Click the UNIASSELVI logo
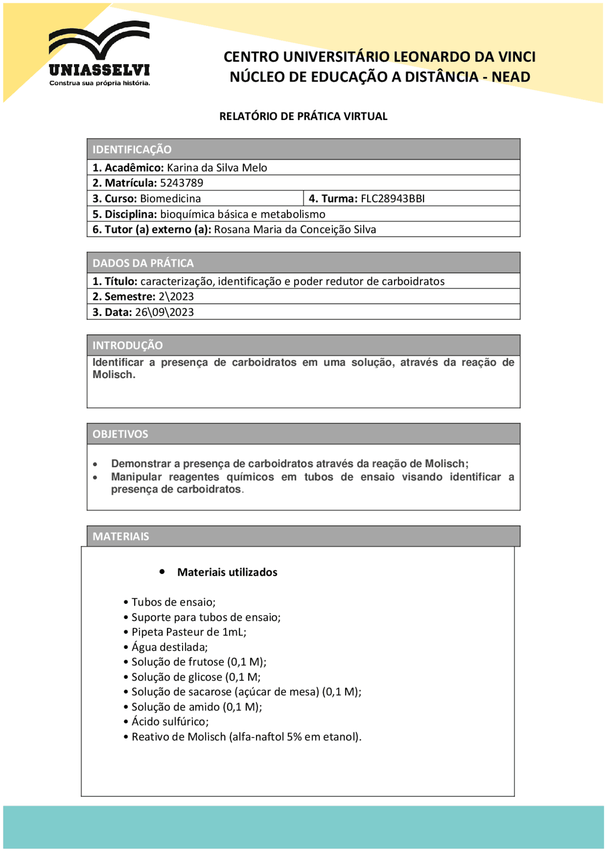[99, 54]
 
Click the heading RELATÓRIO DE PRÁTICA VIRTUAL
[303, 116]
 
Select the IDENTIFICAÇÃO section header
[132, 149]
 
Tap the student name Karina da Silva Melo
[217, 167]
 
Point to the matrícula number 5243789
[182, 183]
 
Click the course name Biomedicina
[170, 198]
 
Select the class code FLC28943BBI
[393, 198]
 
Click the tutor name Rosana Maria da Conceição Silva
[294, 230]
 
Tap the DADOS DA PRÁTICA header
[143, 263]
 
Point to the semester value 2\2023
[176, 296]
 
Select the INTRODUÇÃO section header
[127, 345]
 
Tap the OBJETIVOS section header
[120, 434]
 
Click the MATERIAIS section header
[120, 536]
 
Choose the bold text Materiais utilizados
[227, 572]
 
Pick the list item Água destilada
[169, 647]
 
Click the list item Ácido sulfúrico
[170, 721]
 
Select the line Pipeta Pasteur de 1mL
[189, 632]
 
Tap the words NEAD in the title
[511, 77]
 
